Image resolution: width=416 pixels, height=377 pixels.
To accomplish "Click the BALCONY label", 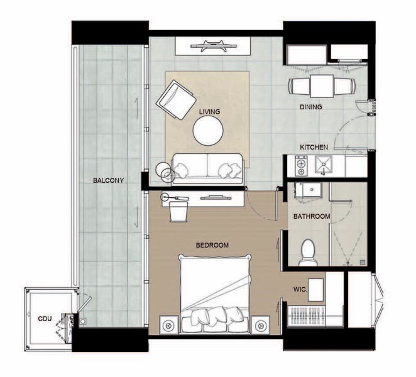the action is point(108,181).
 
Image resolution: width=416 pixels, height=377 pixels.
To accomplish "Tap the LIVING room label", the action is point(210,112).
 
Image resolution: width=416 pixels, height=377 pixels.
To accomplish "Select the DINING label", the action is point(311,107).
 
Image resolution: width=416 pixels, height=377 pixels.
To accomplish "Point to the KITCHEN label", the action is point(314,147).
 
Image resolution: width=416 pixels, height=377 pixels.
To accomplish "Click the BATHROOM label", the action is point(312,217).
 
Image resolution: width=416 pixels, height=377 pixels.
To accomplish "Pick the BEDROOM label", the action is point(212,245).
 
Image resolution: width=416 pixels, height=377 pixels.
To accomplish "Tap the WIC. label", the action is point(300,289).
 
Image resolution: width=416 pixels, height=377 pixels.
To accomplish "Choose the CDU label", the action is point(45,319).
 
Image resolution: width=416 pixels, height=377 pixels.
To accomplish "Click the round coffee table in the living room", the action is point(208,131).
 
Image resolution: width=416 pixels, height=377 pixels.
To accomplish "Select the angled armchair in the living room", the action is point(177,100).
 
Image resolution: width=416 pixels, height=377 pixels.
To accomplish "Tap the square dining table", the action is point(322,87).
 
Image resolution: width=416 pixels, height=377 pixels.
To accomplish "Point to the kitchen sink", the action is point(324,165).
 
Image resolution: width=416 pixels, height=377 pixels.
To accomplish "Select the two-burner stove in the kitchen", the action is point(301,166).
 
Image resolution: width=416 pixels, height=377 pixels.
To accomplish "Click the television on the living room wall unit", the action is point(213,46).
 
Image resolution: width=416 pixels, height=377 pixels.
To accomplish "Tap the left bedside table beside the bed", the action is point(168,325).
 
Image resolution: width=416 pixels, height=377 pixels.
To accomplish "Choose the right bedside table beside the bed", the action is point(261,325).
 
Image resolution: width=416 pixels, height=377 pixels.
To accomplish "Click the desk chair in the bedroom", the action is point(178,212).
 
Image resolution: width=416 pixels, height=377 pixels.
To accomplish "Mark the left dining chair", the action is point(299,86).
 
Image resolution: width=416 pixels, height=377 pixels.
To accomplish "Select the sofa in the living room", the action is point(207,169).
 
